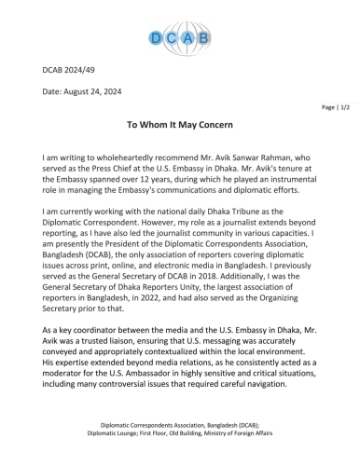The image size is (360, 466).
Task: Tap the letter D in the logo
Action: point(157,38)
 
